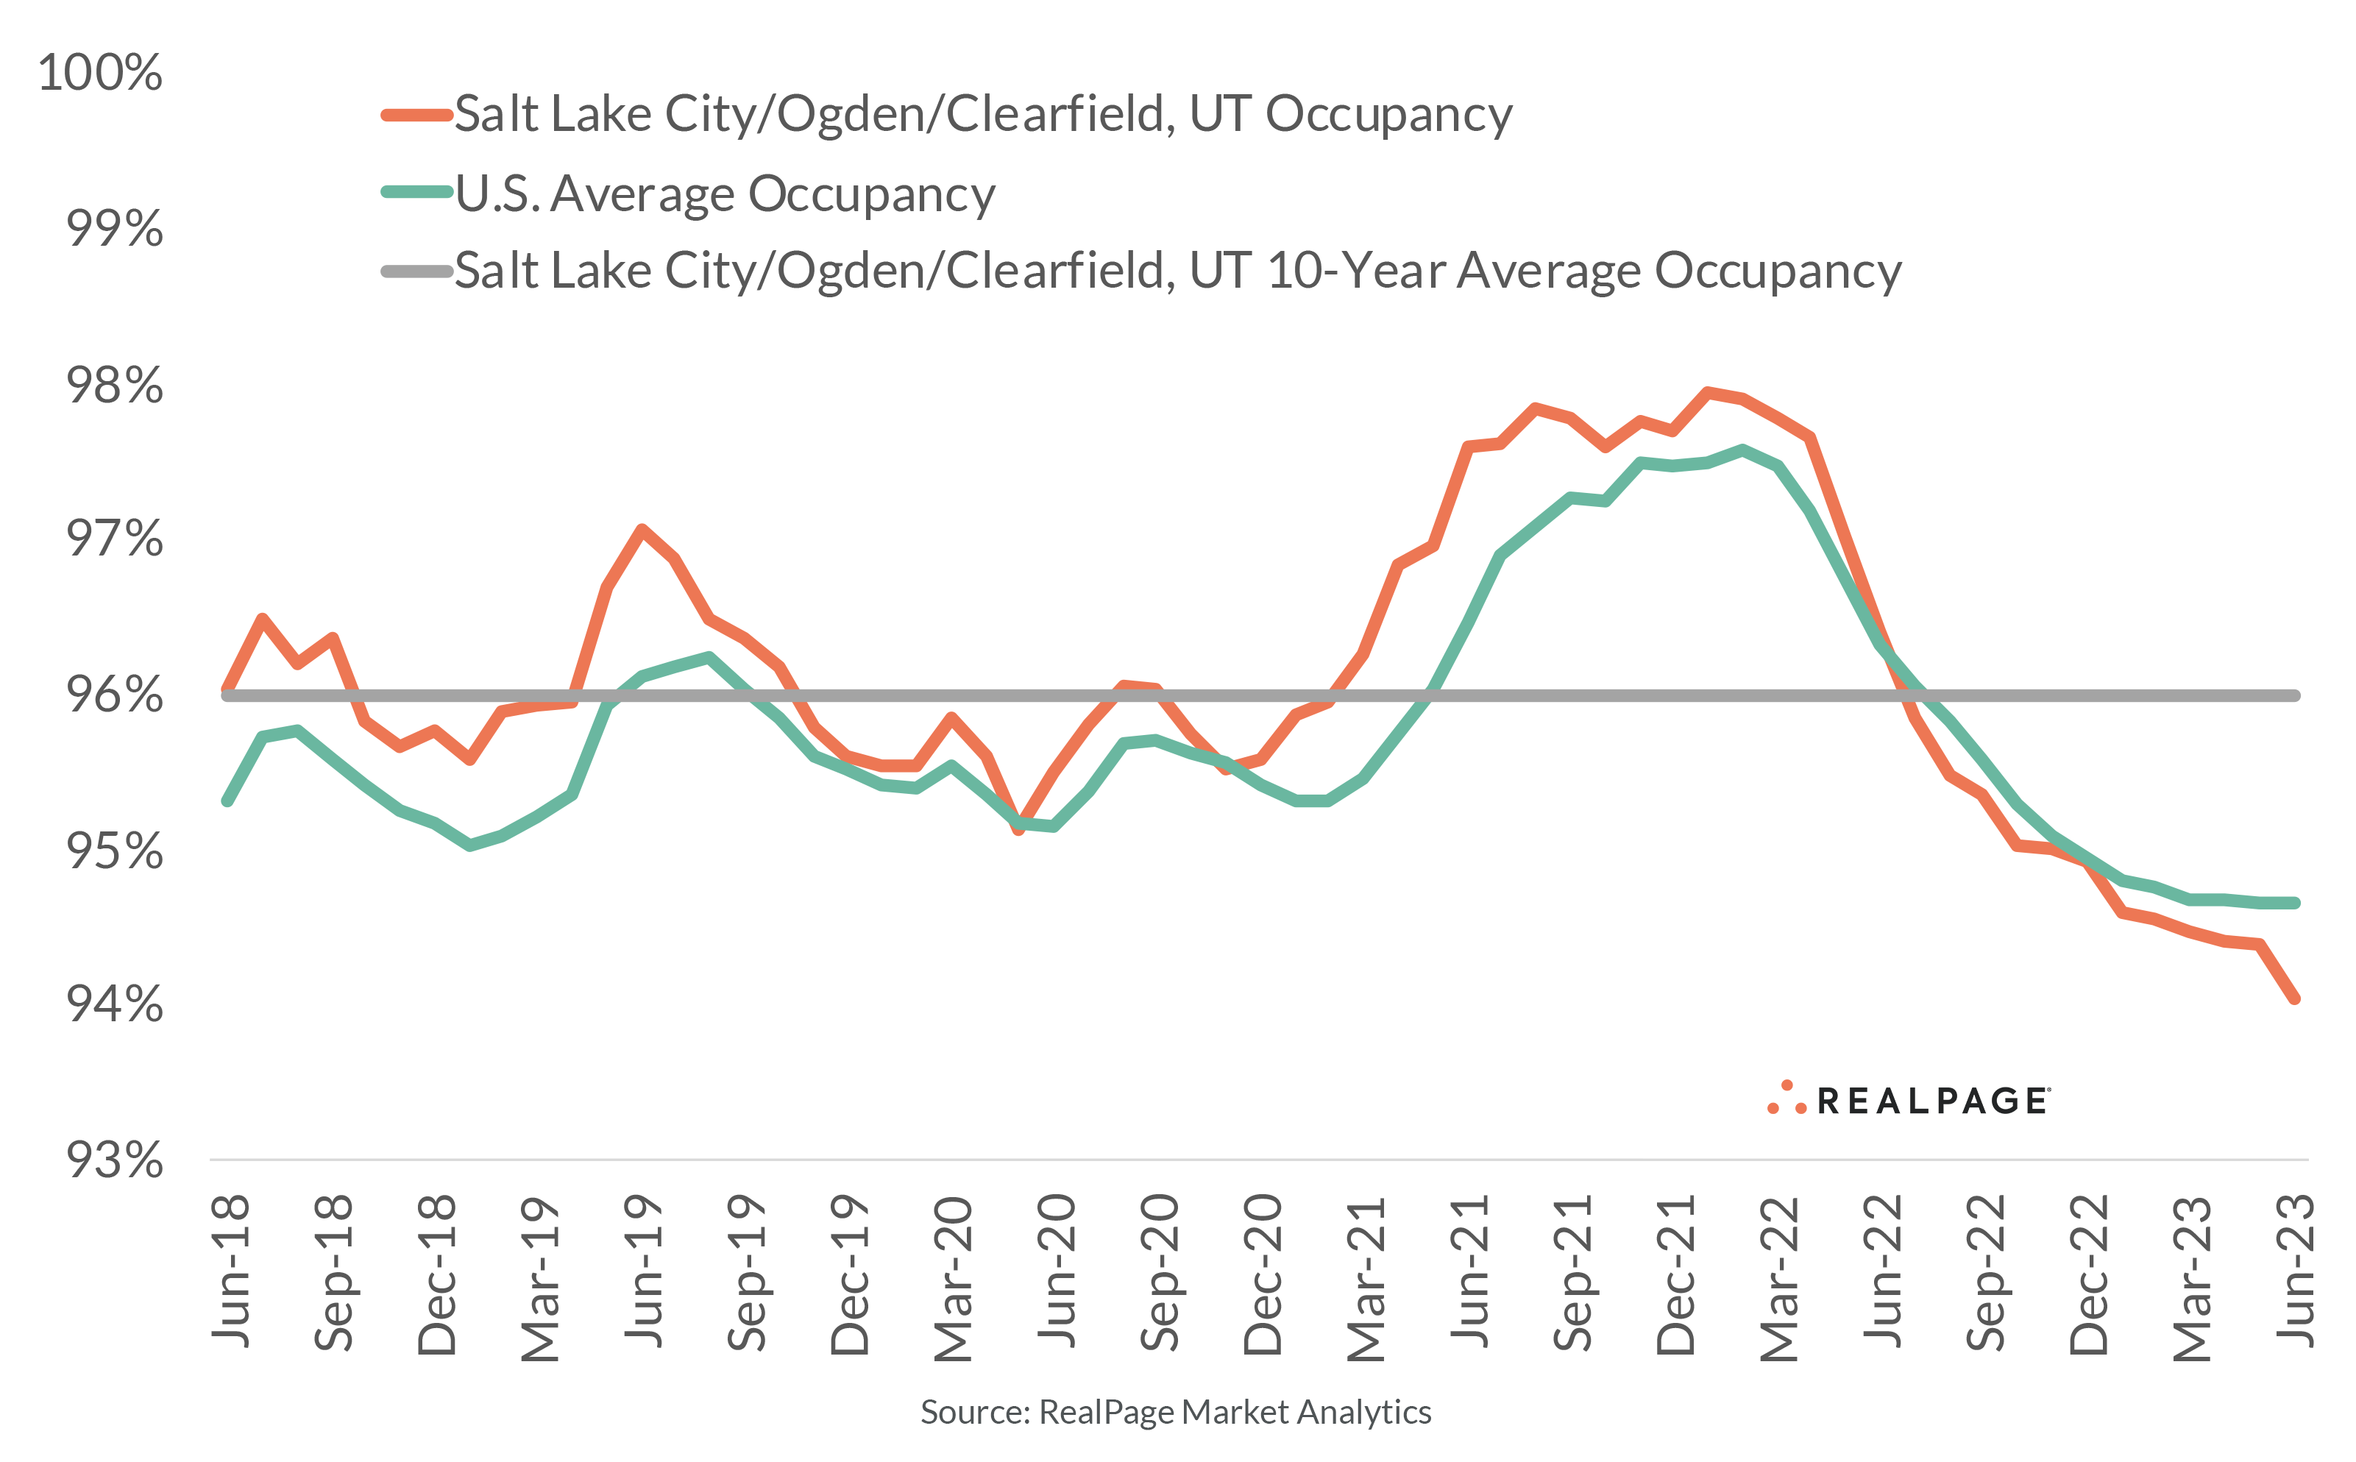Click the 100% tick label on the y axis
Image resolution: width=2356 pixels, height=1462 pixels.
tap(101, 73)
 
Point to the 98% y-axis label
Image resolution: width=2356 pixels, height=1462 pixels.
tap(114, 386)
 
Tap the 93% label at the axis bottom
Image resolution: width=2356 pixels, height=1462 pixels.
tap(114, 1160)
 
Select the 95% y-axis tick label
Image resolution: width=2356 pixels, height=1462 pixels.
tap(114, 851)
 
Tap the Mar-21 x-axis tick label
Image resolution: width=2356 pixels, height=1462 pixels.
tap(1366, 1278)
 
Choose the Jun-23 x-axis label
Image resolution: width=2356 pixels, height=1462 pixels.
tap(2295, 1271)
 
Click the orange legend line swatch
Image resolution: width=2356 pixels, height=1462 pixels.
tap(416, 115)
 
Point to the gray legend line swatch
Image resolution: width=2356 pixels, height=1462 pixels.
tap(416, 272)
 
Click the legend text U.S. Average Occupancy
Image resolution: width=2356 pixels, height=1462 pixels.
tap(725, 194)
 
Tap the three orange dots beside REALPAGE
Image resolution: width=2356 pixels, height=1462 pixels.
tap(1786, 1099)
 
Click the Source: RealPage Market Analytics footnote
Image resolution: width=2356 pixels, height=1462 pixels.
tap(1176, 1413)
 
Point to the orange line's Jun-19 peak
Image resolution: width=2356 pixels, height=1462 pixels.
tap(642, 529)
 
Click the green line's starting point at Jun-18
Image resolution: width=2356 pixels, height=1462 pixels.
tap(228, 801)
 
